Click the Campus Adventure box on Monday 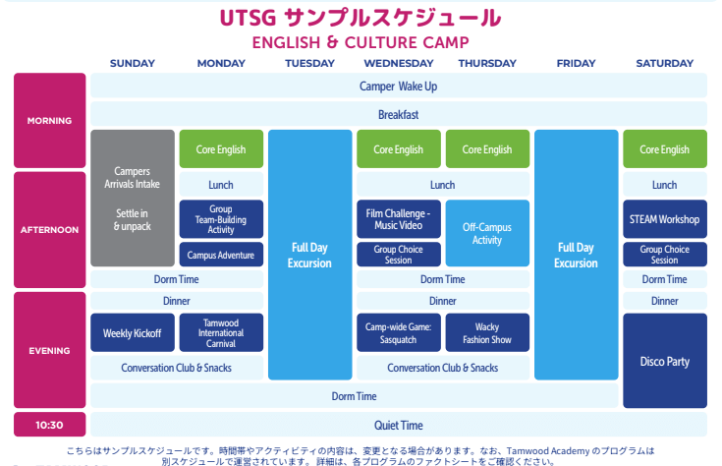[x=221, y=256]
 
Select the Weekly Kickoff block [x=133, y=333]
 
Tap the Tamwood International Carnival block [x=221, y=333]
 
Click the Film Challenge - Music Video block [x=398, y=219]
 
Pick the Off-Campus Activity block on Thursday [x=487, y=233]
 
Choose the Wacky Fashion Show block [x=487, y=333]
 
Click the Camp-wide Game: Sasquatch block [x=398, y=333]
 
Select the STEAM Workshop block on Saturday [x=664, y=219]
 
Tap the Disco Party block [x=664, y=361]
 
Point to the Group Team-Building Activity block [x=221, y=219]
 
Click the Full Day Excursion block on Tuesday [x=309, y=255]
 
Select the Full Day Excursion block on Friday [x=576, y=255]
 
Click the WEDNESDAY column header [x=398, y=63]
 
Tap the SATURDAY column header [x=664, y=63]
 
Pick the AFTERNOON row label [x=50, y=229]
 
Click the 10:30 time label [x=50, y=425]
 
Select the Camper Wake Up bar [x=398, y=87]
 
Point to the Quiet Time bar [x=398, y=425]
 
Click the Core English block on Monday [x=221, y=149]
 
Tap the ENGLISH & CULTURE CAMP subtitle [x=361, y=42]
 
